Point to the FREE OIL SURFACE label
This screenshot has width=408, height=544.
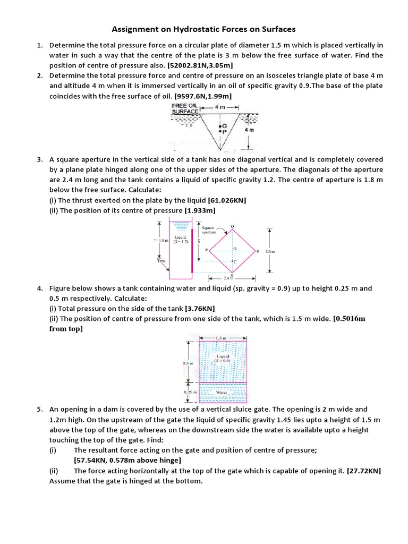pos(184,108)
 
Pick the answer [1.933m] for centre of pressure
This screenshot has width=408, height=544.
pos(200,210)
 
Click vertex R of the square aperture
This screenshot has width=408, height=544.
pos(258,251)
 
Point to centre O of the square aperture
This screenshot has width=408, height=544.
pos(234,249)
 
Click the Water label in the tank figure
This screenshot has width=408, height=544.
pos(222,392)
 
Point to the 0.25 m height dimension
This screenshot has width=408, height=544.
pos(189,392)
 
